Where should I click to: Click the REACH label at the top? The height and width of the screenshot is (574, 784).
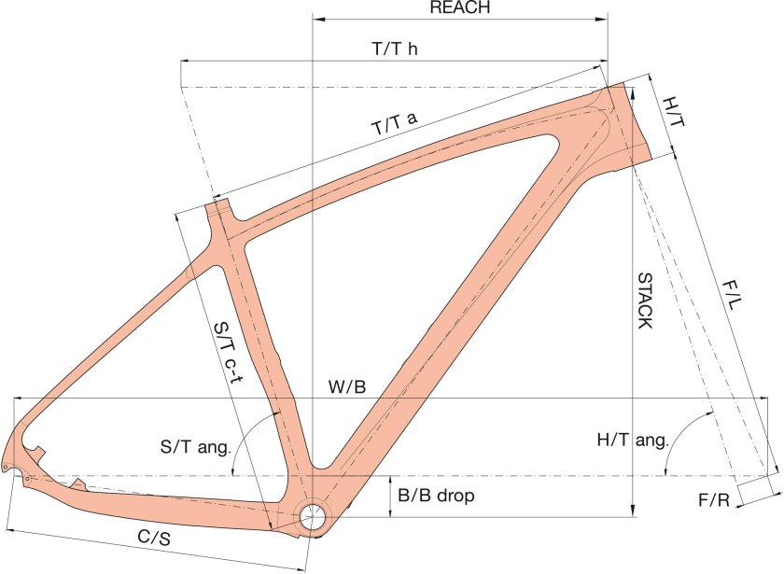(x=460, y=7)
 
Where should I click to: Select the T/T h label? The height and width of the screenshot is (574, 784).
(x=395, y=49)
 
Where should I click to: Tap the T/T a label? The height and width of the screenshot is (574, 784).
(x=395, y=123)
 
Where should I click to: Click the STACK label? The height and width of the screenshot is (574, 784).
(x=645, y=301)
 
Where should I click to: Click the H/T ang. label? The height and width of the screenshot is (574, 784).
(x=633, y=440)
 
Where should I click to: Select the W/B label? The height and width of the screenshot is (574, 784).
(x=347, y=386)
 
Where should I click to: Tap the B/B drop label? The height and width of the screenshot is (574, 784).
(x=436, y=496)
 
